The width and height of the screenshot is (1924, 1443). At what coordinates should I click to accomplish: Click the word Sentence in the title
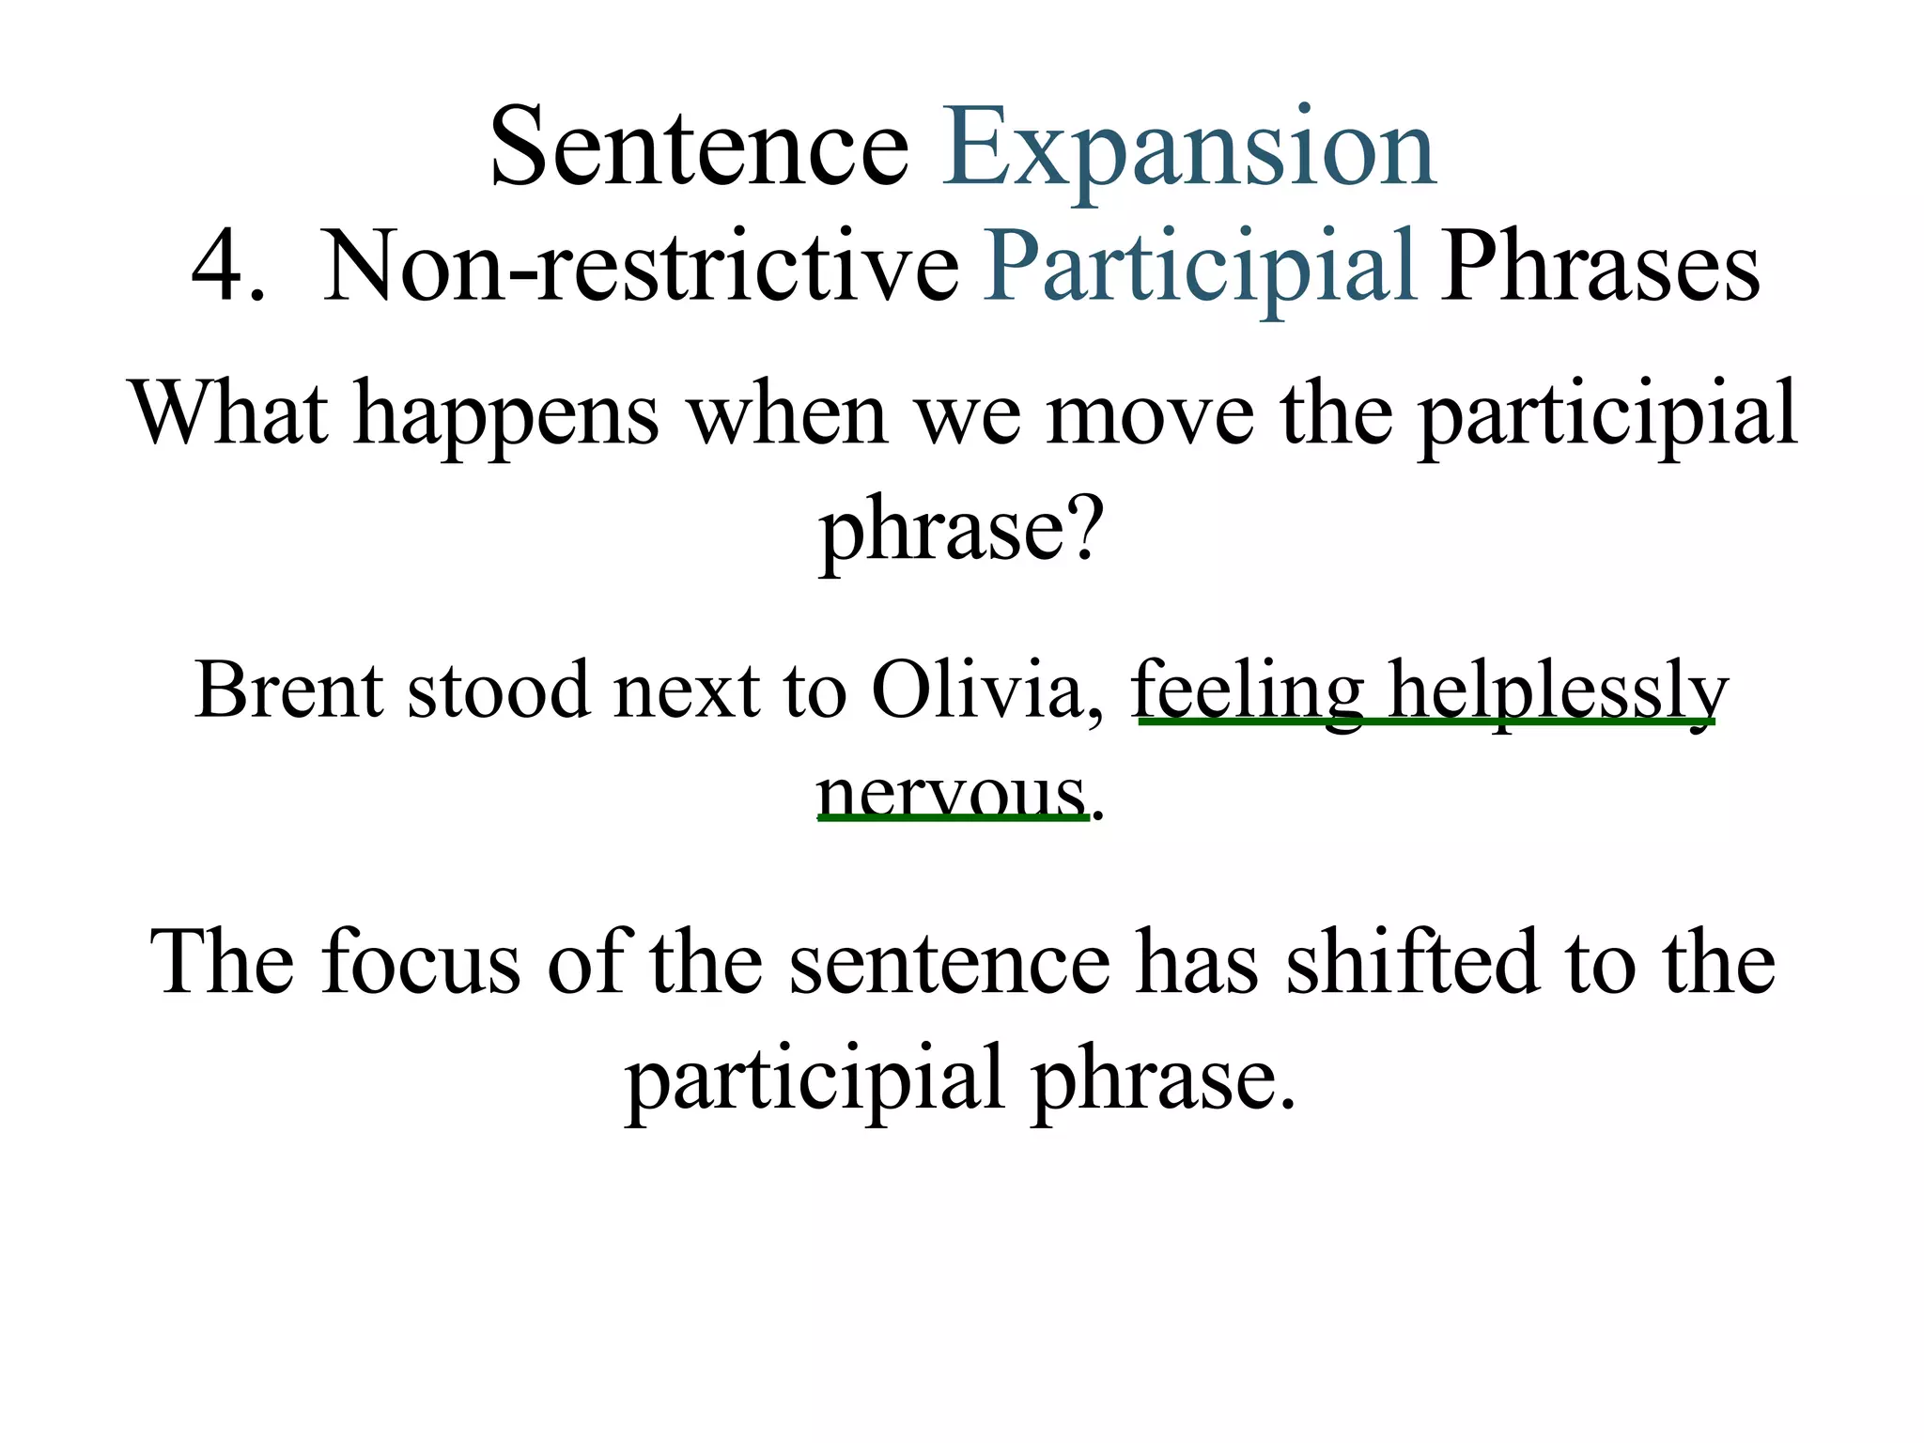pyautogui.click(x=699, y=148)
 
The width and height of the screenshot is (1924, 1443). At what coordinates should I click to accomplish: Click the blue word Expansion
pyautogui.click(x=1188, y=148)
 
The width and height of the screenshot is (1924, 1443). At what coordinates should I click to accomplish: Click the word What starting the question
pyautogui.click(x=231, y=415)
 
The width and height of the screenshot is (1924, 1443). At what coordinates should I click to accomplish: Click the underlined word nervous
pyautogui.click(x=951, y=794)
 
